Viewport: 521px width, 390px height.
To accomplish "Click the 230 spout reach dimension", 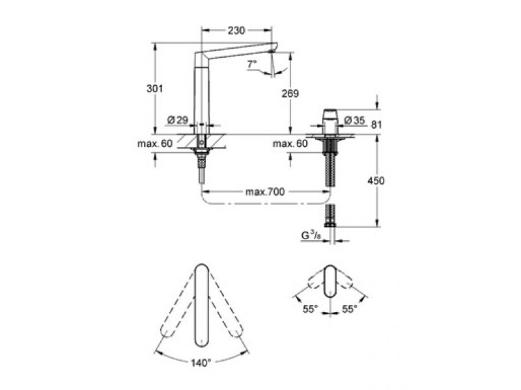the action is (236, 31).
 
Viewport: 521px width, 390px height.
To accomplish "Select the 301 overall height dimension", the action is (155, 88).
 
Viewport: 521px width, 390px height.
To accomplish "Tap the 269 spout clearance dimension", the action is (290, 94).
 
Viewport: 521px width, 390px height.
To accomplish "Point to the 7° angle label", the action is (252, 63).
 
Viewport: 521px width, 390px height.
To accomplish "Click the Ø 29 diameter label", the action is (178, 120).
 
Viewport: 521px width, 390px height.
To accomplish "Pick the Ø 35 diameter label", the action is (354, 120).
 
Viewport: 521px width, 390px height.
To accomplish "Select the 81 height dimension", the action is (376, 125).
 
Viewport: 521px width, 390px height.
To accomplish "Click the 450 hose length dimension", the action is (376, 181).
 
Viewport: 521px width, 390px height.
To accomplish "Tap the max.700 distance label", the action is (265, 192).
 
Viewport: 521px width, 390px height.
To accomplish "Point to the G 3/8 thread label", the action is (311, 235).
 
